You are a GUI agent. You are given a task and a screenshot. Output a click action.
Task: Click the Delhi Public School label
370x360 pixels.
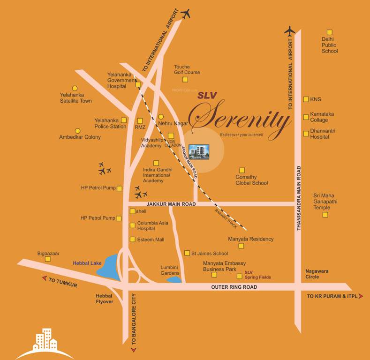click(329, 45)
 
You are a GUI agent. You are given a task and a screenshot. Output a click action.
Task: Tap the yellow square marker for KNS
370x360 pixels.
click(306, 99)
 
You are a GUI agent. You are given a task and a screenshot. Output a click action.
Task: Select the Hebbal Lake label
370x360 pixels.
click(87, 263)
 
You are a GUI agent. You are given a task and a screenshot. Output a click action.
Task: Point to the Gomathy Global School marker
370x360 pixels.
click(242, 170)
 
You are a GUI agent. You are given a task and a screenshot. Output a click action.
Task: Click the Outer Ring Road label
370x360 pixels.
click(234, 287)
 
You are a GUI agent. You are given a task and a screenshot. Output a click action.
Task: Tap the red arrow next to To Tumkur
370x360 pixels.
click(45, 278)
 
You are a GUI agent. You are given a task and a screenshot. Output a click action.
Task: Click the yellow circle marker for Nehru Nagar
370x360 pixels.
click(160, 117)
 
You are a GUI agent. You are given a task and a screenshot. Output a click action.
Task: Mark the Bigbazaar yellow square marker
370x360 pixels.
click(47, 259)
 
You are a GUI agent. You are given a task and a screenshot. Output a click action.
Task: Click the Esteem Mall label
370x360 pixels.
click(151, 240)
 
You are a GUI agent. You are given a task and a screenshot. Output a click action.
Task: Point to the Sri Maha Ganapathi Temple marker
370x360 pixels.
click(325, 215)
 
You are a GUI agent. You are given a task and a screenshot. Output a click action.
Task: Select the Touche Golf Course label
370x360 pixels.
click(187, 69)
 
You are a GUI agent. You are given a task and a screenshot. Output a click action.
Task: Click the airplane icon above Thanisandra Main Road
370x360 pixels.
click(290, 31)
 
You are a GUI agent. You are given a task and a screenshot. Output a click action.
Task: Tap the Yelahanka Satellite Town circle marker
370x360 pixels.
click(74, 88)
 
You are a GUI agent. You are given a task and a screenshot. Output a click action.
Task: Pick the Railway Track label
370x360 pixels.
click(226, 218)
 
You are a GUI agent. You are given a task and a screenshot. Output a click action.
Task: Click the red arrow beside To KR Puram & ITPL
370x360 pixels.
click(360, 296)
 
